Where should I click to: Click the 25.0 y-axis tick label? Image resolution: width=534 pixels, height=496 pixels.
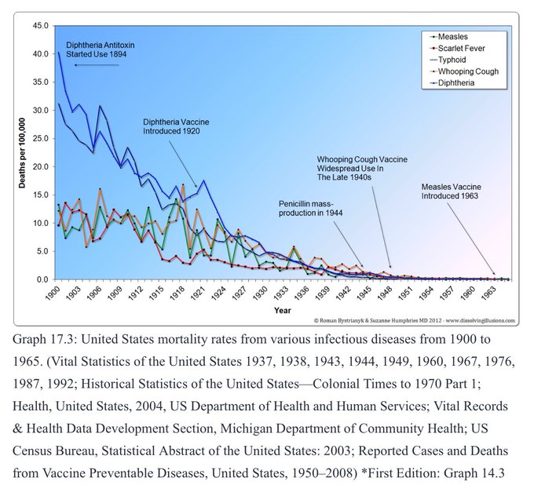40,139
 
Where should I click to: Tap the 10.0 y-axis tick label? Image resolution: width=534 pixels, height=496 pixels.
40,224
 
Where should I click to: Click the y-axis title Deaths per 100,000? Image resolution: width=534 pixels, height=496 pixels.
23,153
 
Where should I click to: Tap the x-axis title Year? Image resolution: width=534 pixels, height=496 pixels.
283,311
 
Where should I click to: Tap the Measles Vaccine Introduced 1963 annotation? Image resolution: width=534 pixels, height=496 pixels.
452,191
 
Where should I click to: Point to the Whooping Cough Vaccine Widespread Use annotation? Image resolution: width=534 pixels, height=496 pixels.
362,168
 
